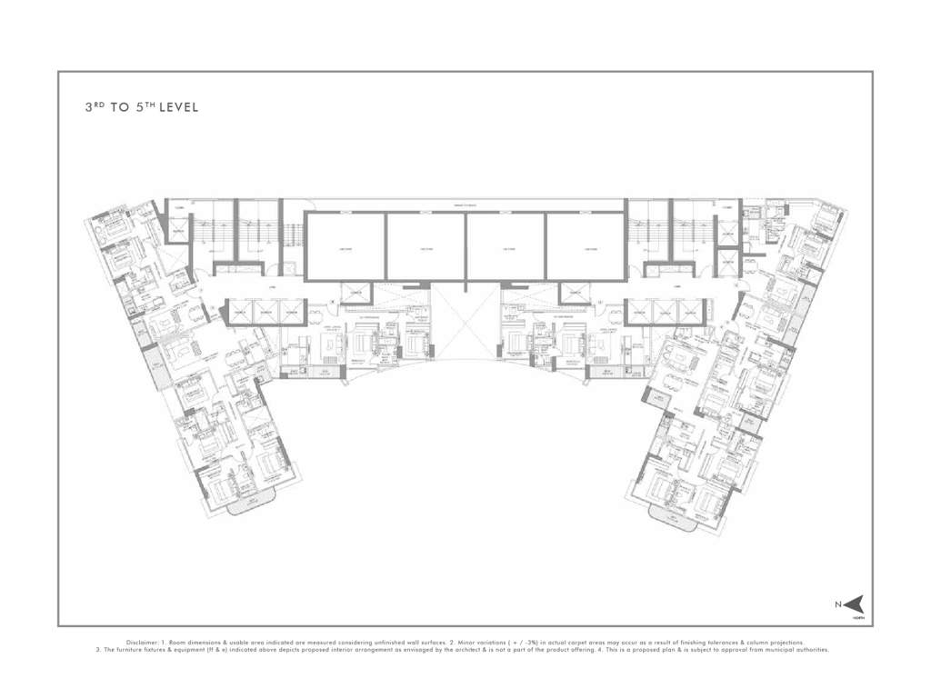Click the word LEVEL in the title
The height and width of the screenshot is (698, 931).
(178, 107)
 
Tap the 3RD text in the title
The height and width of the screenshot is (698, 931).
(94, 107)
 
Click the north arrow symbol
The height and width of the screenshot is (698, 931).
(856, 603)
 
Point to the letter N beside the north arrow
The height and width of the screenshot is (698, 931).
(838, 603)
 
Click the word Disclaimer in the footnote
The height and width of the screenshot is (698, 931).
(145, 643)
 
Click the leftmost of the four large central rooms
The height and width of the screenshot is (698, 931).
(345, 246)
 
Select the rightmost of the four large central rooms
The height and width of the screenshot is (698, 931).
(586, 246)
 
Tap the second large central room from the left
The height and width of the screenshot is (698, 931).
(425, 246)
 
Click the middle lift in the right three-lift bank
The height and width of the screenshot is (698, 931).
(667, 312)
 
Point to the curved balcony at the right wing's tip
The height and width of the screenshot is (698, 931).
(684, 517)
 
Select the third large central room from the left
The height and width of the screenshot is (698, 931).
(506, 246)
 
